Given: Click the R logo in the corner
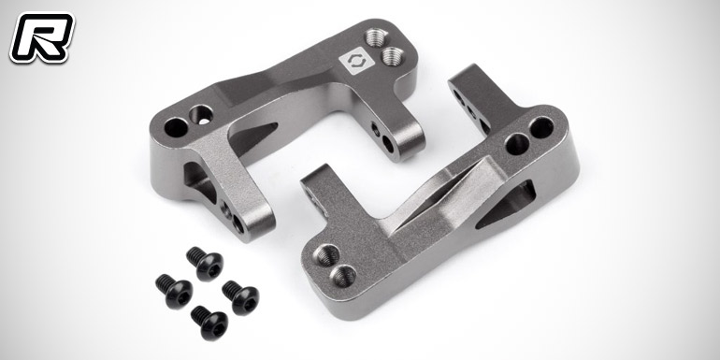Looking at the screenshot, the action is [42, 37].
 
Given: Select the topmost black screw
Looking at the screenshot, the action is [205, 263].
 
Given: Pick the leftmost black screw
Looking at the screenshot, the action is [174, 291].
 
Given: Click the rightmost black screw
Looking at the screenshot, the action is [240, 297].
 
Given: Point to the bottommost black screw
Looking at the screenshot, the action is [209, 323].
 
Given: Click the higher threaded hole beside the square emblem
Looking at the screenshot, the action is [377, 37].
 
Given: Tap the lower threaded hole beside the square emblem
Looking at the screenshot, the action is [392, 56].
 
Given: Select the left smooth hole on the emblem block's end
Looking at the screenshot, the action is [177, 127].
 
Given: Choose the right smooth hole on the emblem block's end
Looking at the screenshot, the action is [201, 114].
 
